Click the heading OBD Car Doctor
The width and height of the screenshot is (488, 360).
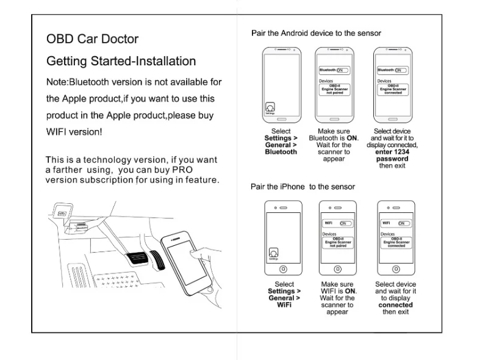point(93,40)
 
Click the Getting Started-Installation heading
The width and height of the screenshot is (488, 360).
point(121,62)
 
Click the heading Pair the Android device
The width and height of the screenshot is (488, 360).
point(316,33)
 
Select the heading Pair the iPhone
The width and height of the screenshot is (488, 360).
point(303,186)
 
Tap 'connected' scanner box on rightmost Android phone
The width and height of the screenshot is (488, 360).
point(393,89)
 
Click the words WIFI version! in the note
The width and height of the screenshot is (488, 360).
point(74,131)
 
